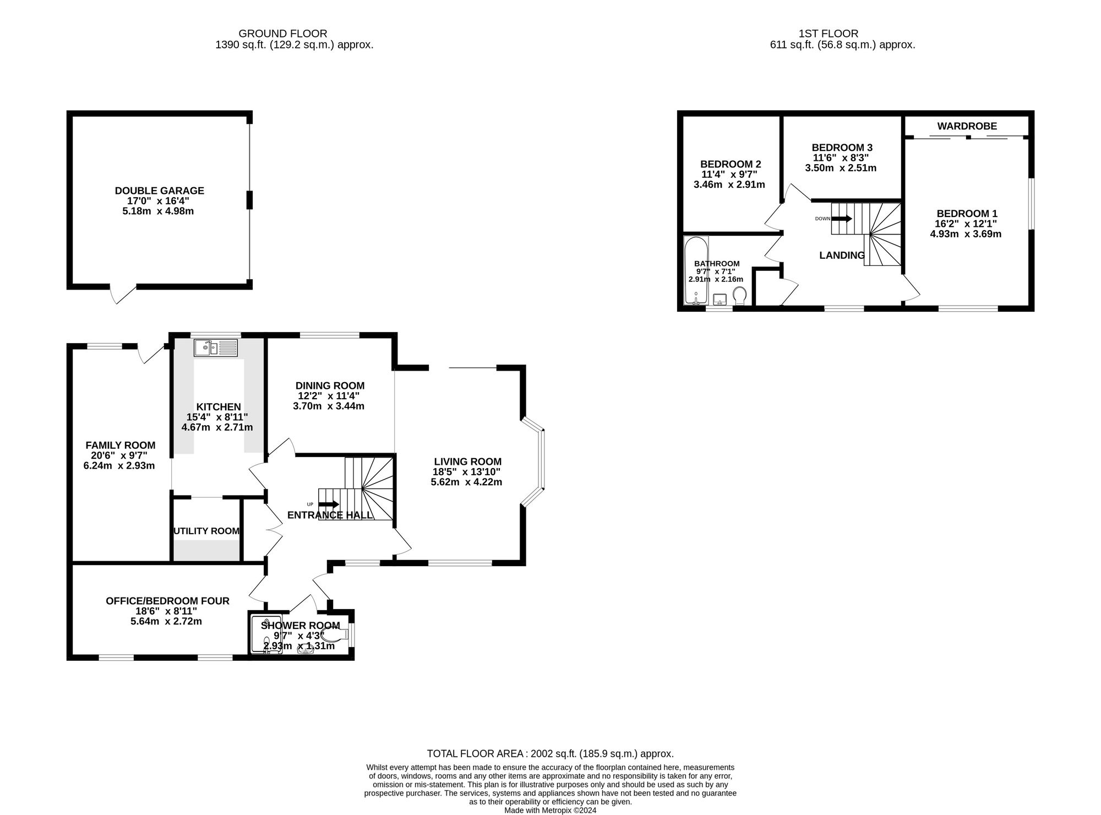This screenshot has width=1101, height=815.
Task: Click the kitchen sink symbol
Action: click(215, 348)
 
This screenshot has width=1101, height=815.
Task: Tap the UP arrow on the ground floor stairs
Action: click(329, 504)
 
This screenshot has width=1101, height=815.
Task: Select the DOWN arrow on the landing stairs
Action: click(841, 219)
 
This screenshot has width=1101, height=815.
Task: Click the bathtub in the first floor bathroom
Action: click(695, 270)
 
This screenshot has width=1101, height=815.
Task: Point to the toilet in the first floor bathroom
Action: click(740, 296)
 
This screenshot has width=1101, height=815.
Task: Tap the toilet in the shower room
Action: click(337, 634)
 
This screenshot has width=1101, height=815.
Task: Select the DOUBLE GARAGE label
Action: click(159, 191)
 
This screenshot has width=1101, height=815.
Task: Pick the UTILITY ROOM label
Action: click(206, 531)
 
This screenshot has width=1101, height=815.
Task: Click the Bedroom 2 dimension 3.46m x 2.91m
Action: click(729, 184)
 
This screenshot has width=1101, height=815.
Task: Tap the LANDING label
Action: click(842, 255)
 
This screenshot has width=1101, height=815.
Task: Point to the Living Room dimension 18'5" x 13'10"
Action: click(467, 472)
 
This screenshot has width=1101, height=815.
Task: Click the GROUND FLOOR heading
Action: click(282, 34)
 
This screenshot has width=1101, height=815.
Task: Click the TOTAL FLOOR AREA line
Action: click(550, 753)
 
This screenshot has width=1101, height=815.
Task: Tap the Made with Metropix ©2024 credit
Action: click(550, 810)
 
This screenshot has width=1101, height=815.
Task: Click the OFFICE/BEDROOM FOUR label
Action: click(167, 601)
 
